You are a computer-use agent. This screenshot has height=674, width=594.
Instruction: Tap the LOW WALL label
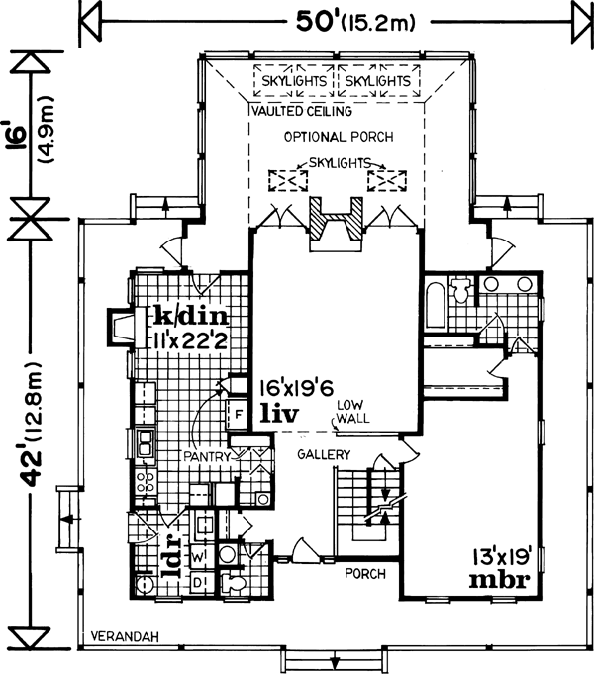[350, 412]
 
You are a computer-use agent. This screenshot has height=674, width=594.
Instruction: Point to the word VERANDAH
[119, 635]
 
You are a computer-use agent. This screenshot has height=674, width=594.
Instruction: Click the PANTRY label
[206, 457]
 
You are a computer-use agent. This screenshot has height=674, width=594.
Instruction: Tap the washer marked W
[198, 557]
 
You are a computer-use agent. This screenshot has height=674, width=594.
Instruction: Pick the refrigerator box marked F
[239, 414]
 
